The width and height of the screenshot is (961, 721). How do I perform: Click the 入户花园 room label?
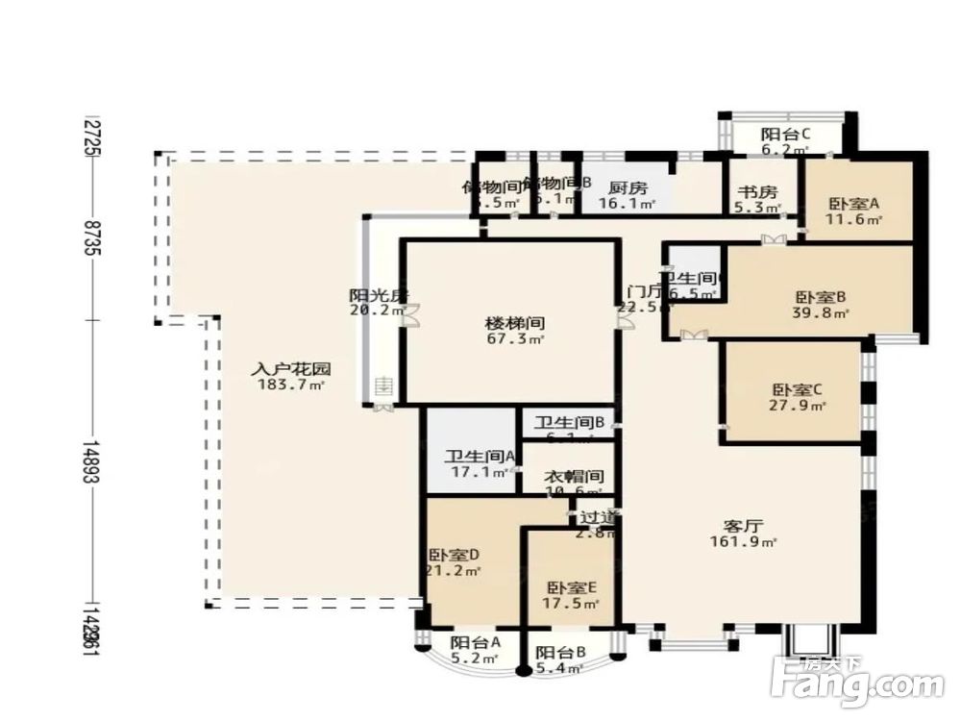coord(291,368)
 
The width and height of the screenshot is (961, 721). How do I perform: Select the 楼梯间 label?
coord(508,323)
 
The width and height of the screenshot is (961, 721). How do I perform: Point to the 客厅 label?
coord(743,526)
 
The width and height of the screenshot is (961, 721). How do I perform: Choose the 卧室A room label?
coord(854,204)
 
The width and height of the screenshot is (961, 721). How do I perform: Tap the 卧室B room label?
coord(821,297)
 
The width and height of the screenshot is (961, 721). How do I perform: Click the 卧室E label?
coord(573,588)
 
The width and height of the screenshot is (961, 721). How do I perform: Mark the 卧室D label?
coord(454,555)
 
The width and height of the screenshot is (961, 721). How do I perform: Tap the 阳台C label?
coord(785,135)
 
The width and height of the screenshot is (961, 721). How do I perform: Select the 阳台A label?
coord(476,643)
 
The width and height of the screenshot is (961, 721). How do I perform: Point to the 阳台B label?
coord(560,652)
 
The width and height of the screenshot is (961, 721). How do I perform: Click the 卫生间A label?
coord(470,457)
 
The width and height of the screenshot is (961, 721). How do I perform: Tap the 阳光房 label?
coord(371,295)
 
